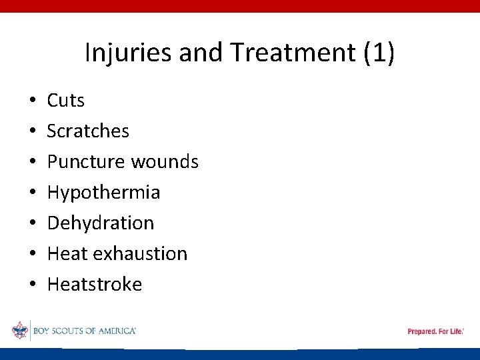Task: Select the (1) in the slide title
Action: [379, 53]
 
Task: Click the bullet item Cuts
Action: [66, 101]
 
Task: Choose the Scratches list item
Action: [88, 131]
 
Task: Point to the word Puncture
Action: [87, 162]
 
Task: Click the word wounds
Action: [165, 162]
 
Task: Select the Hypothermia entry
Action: [103, 193]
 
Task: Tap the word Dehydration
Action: [100, 223]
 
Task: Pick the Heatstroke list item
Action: [95, 285]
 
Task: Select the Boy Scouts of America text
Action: [84, 331]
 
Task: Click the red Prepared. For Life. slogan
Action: [435, 331]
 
